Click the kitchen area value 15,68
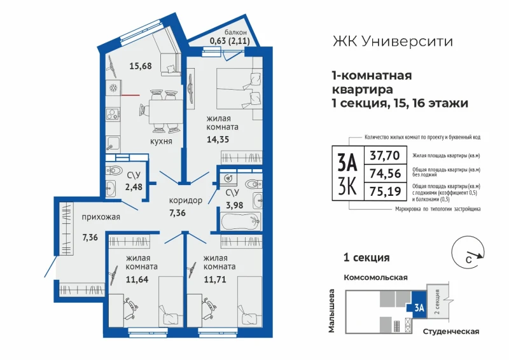click(x=141, y=66)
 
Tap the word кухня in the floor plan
click(x=161, y=141)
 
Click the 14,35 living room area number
click(x=218, y=139)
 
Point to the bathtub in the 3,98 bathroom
click(x=241, y=221)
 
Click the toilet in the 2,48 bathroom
click(x=114, y=170)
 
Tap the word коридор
click(x=186, y=200)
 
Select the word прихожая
click(x=101, y=217)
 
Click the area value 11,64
click(x=137, y=279)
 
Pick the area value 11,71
click(x=215, y=279)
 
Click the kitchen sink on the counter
click(x=113, y=144)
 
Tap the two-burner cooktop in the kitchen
click(x=113, y=114)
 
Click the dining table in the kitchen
click(x=165, y=111)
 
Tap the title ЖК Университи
click(x=393, y=41)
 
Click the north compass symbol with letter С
click(x=468, y=253)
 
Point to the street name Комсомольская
click(x=375, y=277)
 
